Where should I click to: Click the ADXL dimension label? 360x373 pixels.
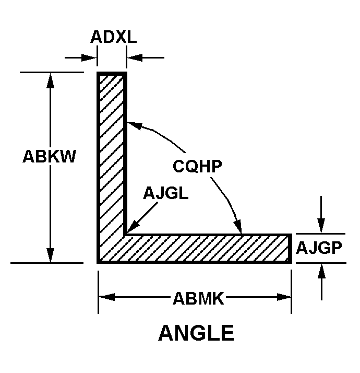pos(114,37)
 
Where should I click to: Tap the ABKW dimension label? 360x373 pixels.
pos(50,156)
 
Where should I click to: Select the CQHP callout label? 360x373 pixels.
pos(197,166)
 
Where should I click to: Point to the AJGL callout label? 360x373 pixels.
pos(165,193)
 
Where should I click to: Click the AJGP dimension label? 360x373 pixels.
pos(319,248)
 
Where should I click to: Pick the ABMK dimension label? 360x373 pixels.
pos(198,298)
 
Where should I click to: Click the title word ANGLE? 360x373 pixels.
pos(196,333)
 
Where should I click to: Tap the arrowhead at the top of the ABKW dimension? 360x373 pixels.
pos(50,80)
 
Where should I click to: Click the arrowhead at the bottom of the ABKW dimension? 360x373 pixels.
pos(50,255)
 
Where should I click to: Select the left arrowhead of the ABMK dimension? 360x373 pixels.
pos(106,297)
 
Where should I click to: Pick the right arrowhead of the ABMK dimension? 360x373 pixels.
pos(284,297)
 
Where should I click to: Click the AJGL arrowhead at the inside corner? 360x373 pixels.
pos(132,226)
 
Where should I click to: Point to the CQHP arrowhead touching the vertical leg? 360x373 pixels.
pos(135,125)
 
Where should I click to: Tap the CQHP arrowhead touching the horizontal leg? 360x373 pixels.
pos(238,227)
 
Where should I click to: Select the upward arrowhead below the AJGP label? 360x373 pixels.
pos(321,271)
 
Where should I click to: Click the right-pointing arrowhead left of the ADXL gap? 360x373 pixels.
pos(89,57)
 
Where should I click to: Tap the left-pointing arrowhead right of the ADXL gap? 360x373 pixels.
pos(135,57)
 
